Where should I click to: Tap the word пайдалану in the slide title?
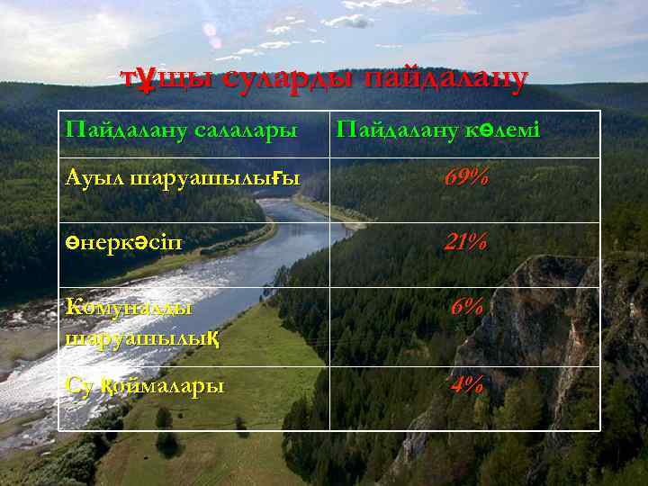[x=445, y=80]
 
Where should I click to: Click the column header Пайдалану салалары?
[x=181, y=130]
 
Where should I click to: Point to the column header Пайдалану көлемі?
[x=437, y=130]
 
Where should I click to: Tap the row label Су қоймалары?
[x=145, y=385]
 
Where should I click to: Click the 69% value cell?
[x=466, y=178]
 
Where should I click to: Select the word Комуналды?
[x=130, y=306]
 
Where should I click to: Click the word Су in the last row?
[x=77, y=385]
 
